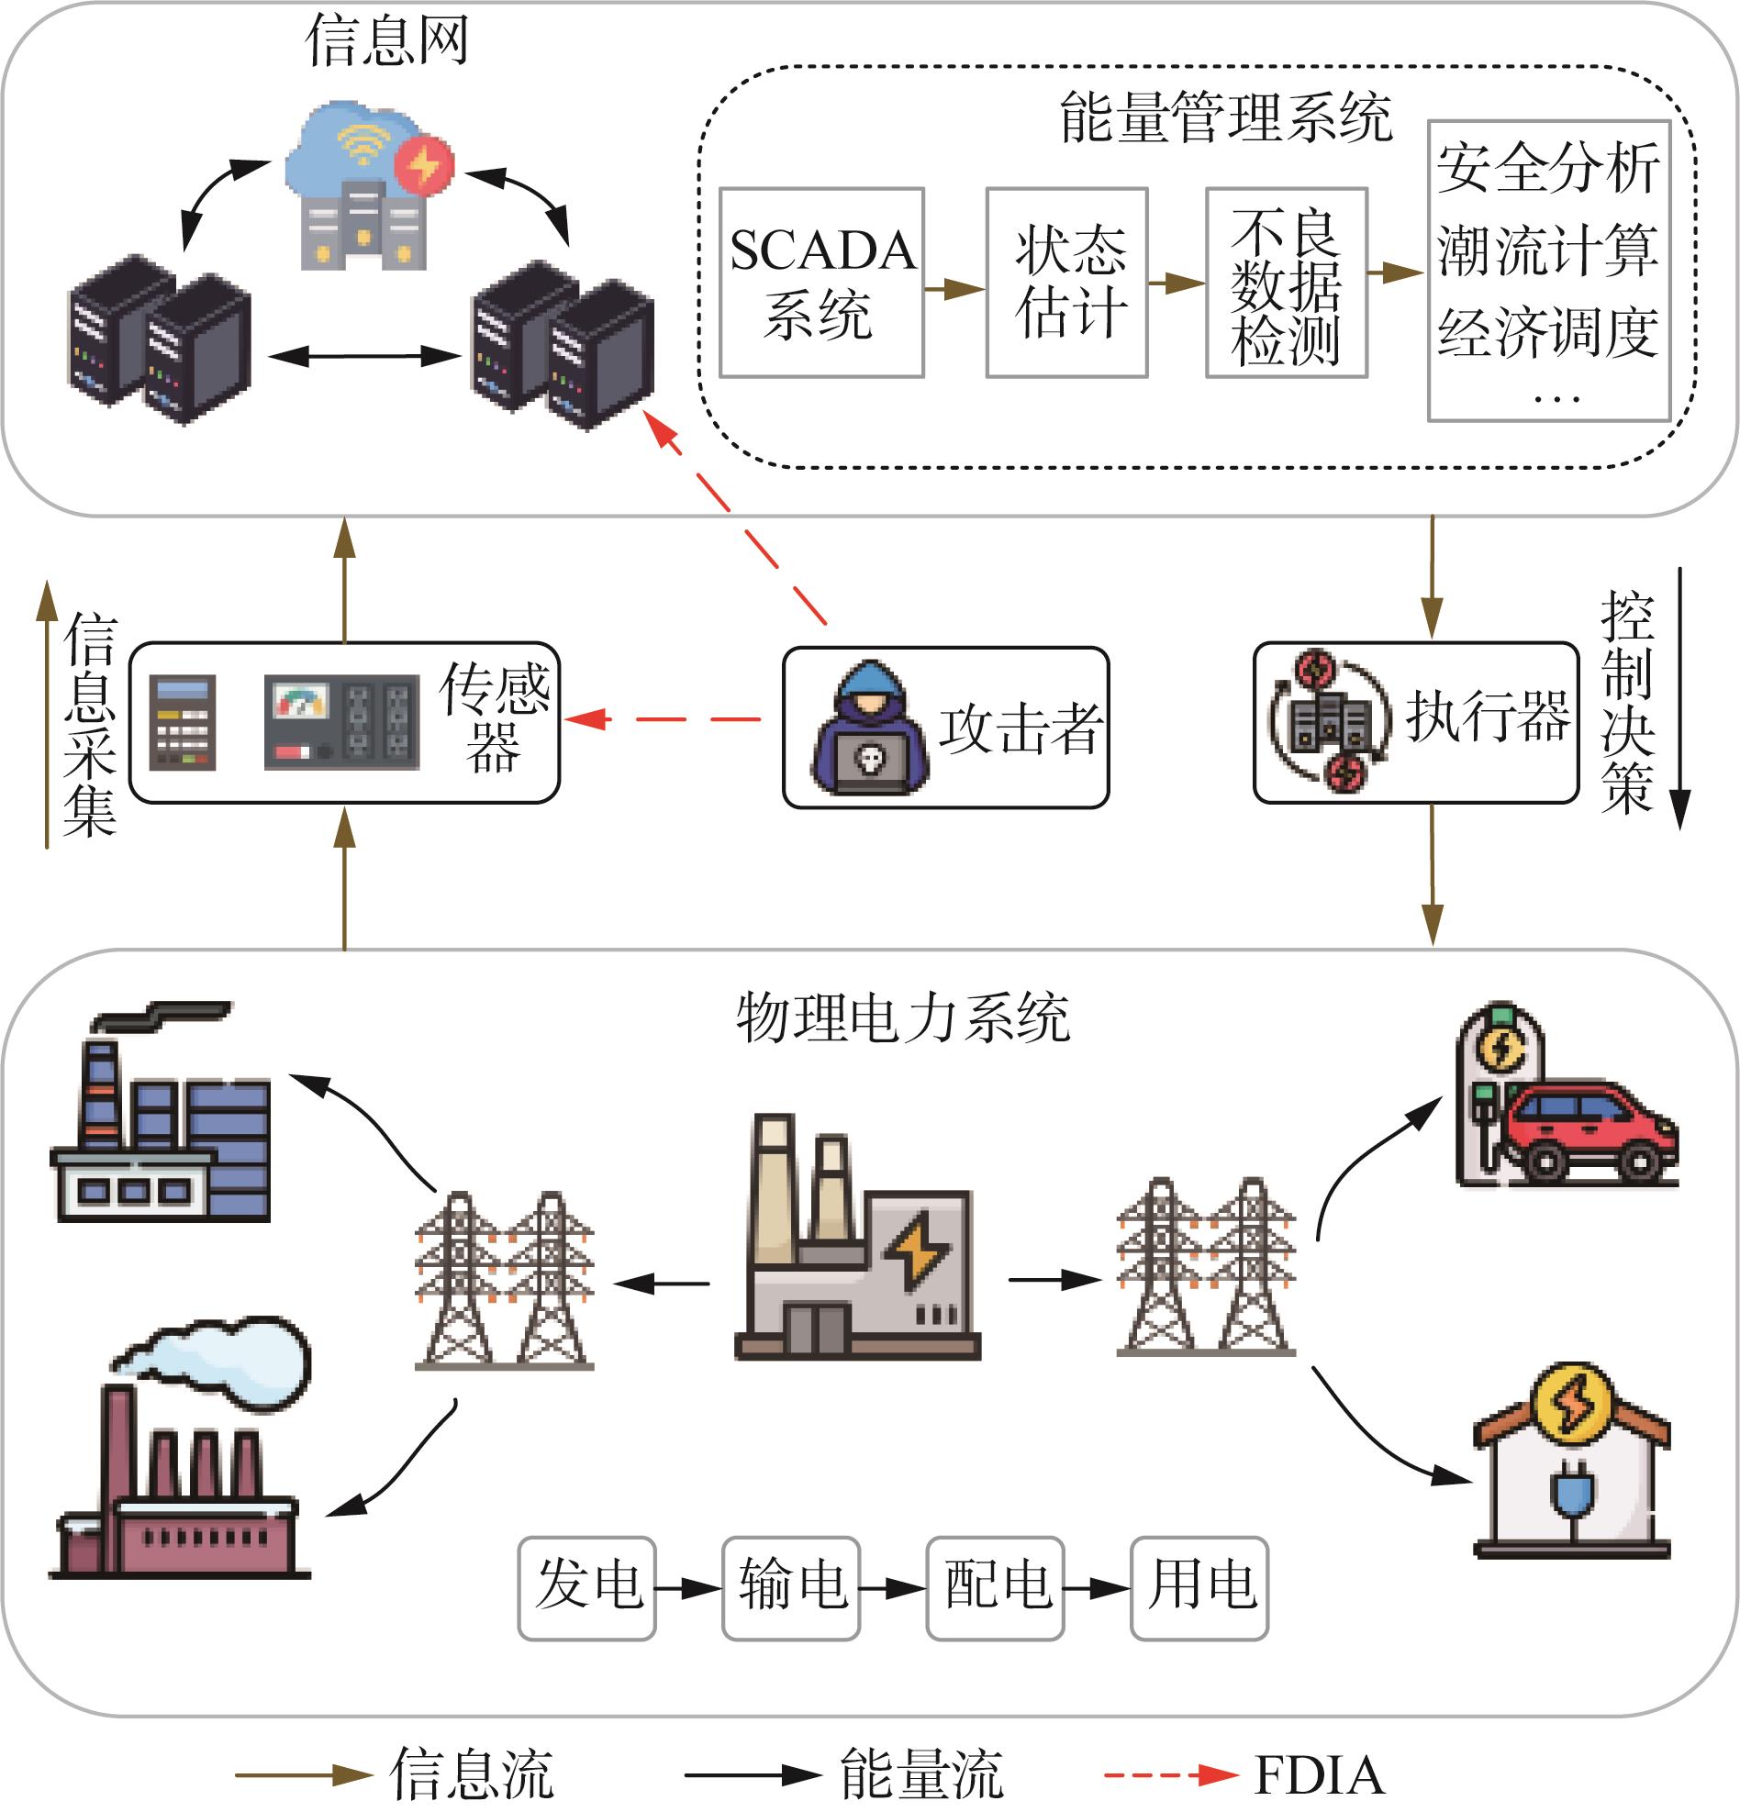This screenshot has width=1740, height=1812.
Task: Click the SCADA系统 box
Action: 822,283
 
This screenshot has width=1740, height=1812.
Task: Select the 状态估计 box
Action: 1067,283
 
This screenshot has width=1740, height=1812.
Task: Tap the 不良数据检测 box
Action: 1286,283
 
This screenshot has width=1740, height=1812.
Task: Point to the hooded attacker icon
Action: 870,728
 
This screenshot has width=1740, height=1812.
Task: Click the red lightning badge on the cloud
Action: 424,165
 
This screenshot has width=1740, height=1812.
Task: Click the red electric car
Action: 1589,1131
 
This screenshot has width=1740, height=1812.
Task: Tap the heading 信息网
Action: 386,40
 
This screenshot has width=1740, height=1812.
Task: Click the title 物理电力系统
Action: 903,1017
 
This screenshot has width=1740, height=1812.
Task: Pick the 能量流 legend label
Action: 921,1775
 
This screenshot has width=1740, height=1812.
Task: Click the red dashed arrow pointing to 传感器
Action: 662,718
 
